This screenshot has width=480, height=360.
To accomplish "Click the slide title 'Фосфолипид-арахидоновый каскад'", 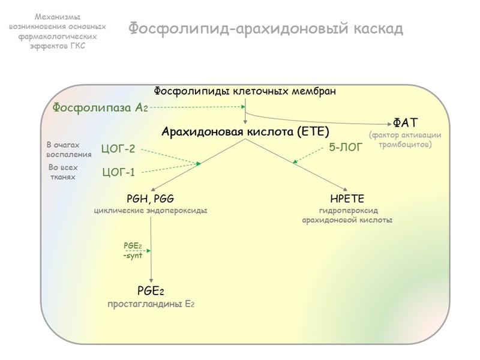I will click(x=266, y=28).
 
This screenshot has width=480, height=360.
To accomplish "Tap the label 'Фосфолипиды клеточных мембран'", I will click(x=245, y=91).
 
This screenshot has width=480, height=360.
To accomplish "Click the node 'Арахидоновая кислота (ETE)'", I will click(x=245, y=131).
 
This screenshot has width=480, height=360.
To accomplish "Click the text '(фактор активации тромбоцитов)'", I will click(x=405, y=140).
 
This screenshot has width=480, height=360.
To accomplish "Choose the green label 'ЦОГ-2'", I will click(x=118, y=149).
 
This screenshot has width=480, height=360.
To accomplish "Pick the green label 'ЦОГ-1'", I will click(x=118, y=173).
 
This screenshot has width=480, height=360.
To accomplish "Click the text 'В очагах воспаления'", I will click(x=69, y=149).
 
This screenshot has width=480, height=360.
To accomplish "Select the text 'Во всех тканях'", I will click(x=63, y=172).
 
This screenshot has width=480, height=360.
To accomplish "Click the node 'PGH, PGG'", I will click(x=151, y=199).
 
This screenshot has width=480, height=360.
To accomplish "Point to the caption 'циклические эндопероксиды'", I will click(x=151, y=211).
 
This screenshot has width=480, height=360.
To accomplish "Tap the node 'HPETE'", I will click(x=347, y=199).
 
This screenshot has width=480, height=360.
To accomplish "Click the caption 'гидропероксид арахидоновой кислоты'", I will click(x=347, y=215).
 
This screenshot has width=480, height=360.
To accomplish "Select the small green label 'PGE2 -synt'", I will click(x=133, y=250).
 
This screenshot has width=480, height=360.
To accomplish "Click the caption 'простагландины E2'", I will click(x=151, y=304).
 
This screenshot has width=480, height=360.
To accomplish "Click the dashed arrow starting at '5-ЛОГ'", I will click(x=310, y=154).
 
